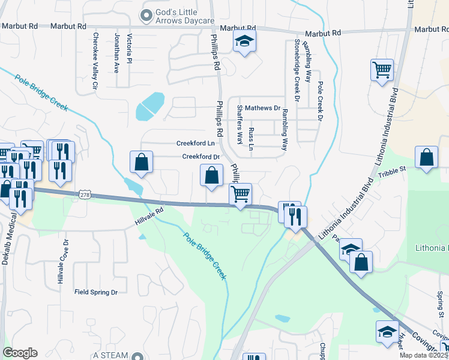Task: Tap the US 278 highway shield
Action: (x=84, y=195)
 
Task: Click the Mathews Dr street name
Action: (x=262, y=109)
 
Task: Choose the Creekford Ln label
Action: (x=195, y=143)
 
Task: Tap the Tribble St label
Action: (x=393, y=172)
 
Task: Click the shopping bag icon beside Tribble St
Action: (x=426, y=158)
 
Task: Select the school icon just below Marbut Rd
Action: (x=244, y=42)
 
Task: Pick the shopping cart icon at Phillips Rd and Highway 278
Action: (x=240, y=194)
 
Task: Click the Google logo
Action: (x=20, y=353)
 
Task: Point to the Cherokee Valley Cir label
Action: (x=95, y=61)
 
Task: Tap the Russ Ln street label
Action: (x=252, y=139)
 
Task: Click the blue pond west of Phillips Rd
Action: (x=149, y=106)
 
